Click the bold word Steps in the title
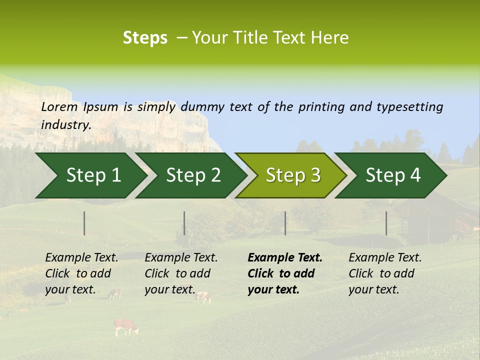145,38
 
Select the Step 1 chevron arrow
90,175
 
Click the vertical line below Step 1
84,223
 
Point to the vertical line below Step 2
184,223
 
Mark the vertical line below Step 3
285,223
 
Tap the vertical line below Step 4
386,223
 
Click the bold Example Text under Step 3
285,273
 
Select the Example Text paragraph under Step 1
81,273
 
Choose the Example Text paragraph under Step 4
385,273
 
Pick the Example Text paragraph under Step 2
181,273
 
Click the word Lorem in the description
59,106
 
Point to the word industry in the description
66,124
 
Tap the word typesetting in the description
409,106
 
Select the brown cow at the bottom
125,327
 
